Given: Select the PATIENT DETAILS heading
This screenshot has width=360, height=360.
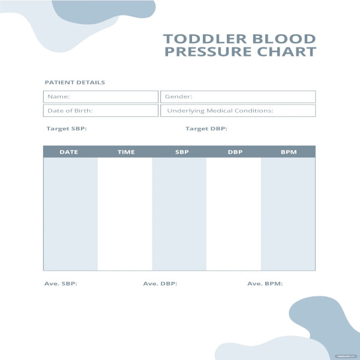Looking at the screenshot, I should click(x=75, y=82).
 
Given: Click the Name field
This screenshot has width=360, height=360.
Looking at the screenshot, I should click(x=101, y=97).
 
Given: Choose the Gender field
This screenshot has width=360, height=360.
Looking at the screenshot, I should click(x=238, y=97).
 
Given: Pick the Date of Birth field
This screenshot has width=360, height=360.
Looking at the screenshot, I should click(x=101, y=110).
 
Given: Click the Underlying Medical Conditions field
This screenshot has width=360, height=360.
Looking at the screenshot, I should click(x=238, y=110).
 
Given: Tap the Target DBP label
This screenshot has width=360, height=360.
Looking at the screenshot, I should click(x=206, y=128).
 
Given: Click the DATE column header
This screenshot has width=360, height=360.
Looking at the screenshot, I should click(x=69, y=152).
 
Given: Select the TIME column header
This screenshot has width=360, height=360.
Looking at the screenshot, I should click(x=126, y=152).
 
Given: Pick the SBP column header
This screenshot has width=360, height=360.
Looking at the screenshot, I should click(x=182, y=152).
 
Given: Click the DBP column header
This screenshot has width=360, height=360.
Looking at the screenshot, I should click(x=235, y=152).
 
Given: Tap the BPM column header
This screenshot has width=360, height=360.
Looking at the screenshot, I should click(x=289, y=152).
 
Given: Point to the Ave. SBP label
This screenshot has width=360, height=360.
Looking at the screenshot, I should click(x=61, y=284).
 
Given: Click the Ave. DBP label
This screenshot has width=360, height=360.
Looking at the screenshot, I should click(x=160, y=284).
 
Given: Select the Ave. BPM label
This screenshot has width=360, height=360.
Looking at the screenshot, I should click(x=265, y=284).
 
